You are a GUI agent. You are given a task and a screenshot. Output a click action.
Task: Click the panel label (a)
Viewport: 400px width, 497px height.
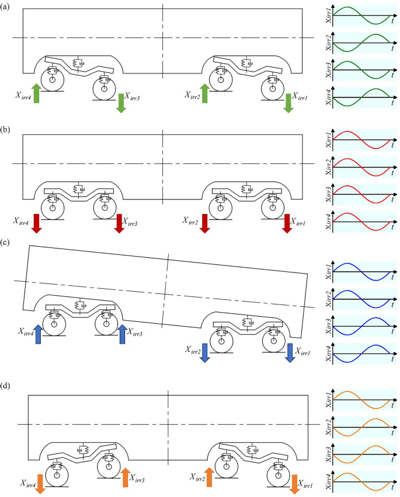click(x=5, y=7)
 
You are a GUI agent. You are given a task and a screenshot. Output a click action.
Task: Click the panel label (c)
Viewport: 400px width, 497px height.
click(x=5, y=243)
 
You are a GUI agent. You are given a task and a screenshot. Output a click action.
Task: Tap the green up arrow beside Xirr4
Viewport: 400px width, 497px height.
click(x=36, y=93)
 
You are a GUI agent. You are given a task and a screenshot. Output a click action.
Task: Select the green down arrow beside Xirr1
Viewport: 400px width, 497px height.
click(x=288, y=103)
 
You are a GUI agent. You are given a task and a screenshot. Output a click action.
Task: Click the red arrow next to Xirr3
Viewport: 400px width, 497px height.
click(x=119, y=223)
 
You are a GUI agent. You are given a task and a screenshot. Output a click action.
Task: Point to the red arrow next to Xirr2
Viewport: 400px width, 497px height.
click(x=205, y=223)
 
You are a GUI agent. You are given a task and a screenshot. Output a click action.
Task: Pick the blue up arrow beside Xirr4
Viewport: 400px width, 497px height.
click(x=39, y=334)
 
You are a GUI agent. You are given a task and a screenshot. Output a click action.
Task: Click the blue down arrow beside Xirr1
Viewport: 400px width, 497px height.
click(x=290, y=353)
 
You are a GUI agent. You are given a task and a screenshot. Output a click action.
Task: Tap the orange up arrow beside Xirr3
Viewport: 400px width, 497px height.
click(x=126, y=477)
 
